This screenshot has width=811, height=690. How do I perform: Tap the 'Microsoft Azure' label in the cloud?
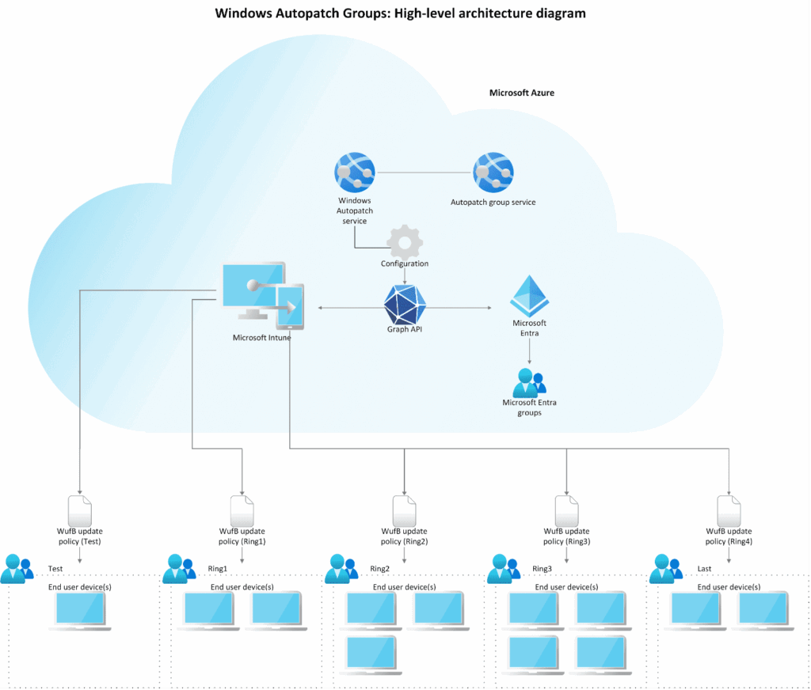pos(521,93)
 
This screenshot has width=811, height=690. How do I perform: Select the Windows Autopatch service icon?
pos(355,172)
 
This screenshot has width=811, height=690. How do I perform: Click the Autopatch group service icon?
pos(493,172)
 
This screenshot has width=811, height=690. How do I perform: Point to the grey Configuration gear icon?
pos(405,241)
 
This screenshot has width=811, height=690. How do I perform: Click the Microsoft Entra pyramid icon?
pos(529,297)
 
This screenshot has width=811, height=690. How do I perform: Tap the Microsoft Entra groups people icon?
pos(529,383)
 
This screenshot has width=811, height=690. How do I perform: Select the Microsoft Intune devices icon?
pos(261,297)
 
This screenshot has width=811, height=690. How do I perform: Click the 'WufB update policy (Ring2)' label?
pos(404,536)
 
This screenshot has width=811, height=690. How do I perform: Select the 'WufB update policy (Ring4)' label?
pos(729,536)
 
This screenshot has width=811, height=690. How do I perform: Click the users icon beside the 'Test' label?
pos(17,569)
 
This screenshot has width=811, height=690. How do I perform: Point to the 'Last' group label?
pos(704,569)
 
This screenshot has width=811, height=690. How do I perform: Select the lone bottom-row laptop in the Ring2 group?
pos(372,655)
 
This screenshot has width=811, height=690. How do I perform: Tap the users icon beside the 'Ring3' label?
pos(504,569)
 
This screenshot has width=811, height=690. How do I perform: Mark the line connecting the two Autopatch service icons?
pos(424,172)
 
